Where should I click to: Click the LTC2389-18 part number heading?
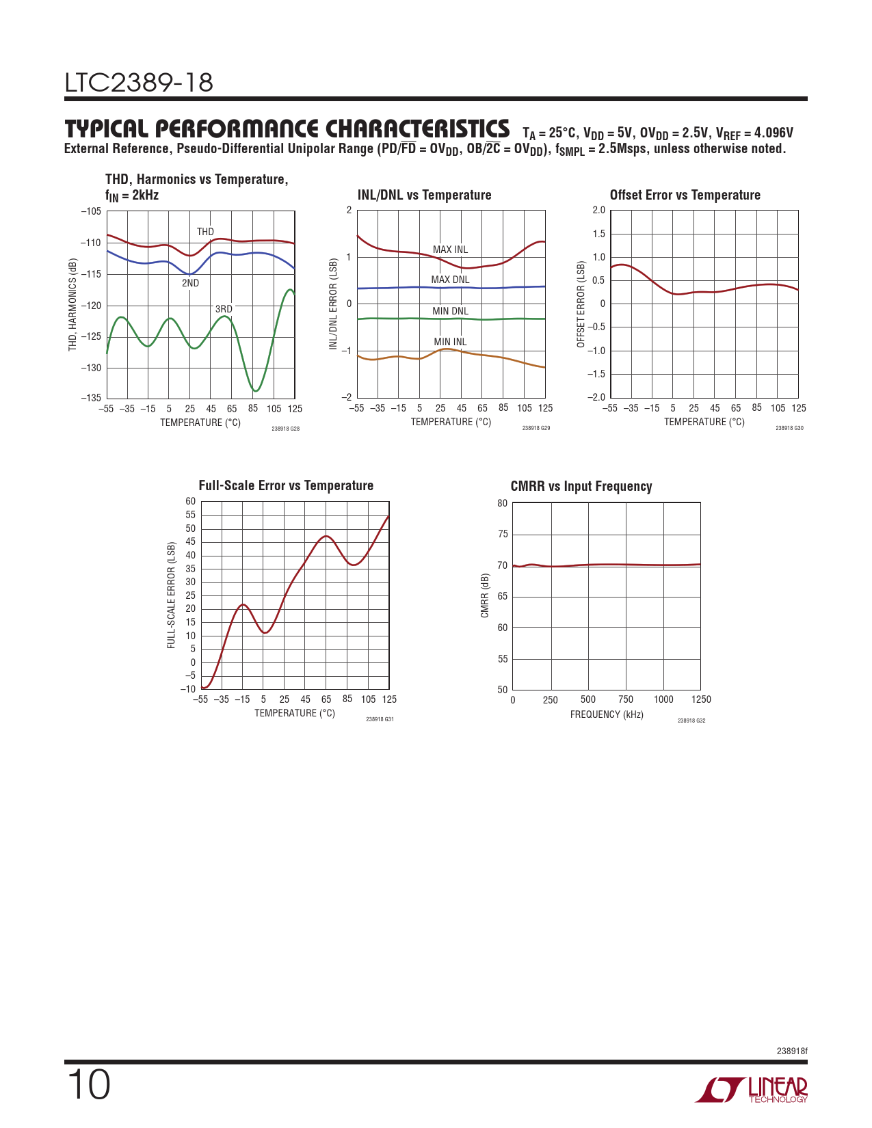coord(139,83)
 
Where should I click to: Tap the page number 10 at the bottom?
coord(88,1086)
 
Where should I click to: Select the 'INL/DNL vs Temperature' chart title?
coord(424,196)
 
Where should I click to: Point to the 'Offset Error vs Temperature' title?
coord(685,196)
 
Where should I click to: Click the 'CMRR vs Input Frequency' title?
coord(581,487)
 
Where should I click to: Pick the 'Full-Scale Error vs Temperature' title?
coord(286,486)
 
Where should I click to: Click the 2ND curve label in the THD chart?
coord(190,283)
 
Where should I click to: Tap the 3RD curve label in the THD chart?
coord(224,309)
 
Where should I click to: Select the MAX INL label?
coord(450,250)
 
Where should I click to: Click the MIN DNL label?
coord(450,311)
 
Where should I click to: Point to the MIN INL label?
coord(450,342)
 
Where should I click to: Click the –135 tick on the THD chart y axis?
coord(91,398)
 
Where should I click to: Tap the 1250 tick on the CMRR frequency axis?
coord(701,699)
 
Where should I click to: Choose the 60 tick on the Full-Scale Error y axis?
coord(190,501)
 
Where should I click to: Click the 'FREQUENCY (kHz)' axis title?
coord(607,714)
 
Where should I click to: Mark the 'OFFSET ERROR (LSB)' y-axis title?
coord(581,304)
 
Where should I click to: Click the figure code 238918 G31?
coord(380,719)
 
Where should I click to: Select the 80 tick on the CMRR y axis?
coord(503,503)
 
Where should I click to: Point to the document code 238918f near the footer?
coord(791,1051)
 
